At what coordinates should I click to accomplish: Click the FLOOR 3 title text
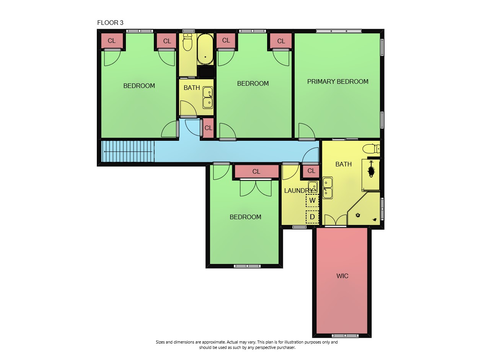click(110, 23)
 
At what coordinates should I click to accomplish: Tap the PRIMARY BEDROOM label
click(338, 82)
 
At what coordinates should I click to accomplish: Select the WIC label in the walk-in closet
click(342, 276)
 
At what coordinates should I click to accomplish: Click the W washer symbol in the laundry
click(312, 200)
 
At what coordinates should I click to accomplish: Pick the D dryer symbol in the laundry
click(312, 217)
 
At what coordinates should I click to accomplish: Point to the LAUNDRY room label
click(298, 191)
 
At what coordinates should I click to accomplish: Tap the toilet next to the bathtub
click(188, 42)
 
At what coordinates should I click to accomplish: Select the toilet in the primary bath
click(371, 149)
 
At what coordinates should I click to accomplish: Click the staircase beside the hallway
click(127, 151)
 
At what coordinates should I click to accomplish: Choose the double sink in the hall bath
click(207, 98)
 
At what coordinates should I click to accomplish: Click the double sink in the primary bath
click(328, 188)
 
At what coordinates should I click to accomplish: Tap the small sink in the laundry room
click(313, 187)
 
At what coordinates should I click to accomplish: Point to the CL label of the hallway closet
click(209, 128)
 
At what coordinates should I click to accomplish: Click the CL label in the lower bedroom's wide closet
click(256, 171)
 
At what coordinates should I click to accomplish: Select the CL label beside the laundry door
click(311, 171)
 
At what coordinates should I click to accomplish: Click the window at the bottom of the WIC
click(345, 336)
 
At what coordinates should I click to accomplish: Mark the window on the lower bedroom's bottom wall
click(247, 266)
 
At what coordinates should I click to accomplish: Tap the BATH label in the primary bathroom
click(343, 165)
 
